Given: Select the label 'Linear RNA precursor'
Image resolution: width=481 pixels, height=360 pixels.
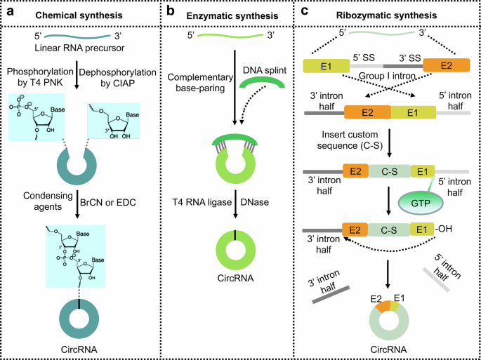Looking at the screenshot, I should point(88,47).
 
